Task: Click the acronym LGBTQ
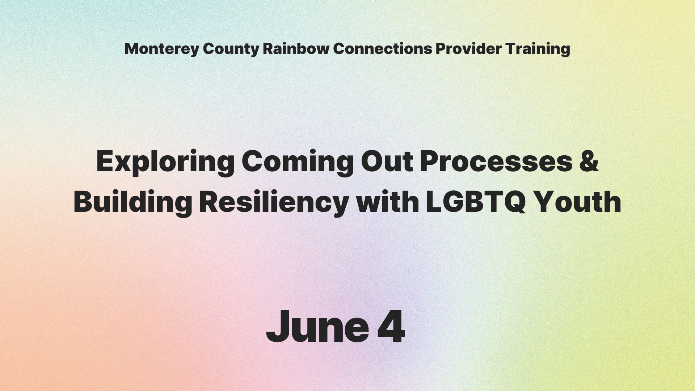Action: pos(476,201)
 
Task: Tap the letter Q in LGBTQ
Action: pos(513,202)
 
